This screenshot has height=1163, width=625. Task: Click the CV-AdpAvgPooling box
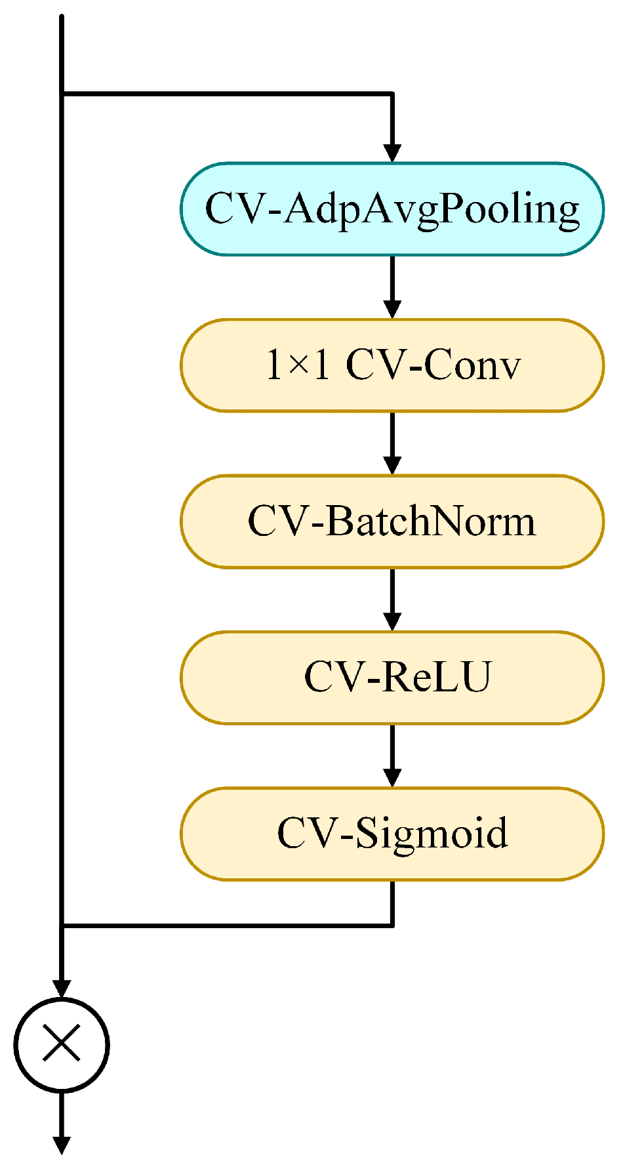(x=392, y=209)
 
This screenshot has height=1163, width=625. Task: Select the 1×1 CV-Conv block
(x=392, y=365)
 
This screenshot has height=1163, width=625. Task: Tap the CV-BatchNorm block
(x=392, y=521)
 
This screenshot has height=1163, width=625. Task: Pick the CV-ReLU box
(x=392, y=678)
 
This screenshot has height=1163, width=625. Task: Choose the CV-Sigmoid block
(x=392, y=834)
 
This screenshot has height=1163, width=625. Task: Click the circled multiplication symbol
(x=61, y=1045)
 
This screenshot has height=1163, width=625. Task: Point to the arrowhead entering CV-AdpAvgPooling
(x=392, y=152)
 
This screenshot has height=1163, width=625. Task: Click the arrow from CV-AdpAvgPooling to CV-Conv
(x=392, y=287)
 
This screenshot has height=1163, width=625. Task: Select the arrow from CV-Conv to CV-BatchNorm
(x=392, y=443)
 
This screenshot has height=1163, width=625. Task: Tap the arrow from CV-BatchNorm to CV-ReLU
(x=392, y=600)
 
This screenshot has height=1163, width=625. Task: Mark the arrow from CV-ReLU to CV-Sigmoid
(x=392, y=756)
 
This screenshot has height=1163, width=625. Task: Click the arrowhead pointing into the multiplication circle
(x=61, y=988)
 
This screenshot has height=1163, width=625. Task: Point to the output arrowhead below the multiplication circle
(x=61, y=1145)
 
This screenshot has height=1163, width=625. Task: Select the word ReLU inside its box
(x=437, y=678)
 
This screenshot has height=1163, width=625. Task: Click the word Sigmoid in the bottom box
(x=432, y=834)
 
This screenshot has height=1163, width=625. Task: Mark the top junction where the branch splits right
(x=61, y=94)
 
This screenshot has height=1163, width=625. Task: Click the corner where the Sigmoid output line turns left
(x=392, y=925)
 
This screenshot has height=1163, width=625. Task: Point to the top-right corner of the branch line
(x=392, y=94)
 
